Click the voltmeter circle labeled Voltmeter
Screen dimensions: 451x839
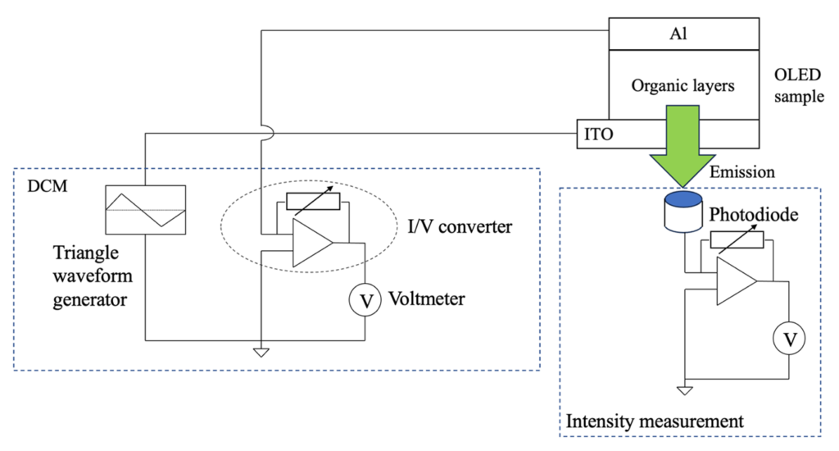click(365, 301)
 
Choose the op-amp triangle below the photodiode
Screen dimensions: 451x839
click(735, 280)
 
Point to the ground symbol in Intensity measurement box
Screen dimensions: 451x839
click(685, 391)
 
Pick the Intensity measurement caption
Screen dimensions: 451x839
click(655, 422)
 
